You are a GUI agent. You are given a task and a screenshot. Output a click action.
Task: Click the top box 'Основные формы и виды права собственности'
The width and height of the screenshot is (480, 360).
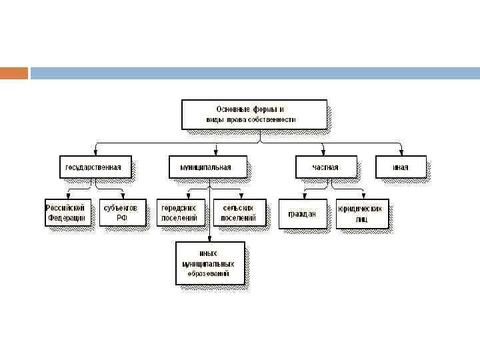(x=254, y=114)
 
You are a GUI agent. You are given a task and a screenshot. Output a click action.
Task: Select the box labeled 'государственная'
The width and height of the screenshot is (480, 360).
(x=95, y=167)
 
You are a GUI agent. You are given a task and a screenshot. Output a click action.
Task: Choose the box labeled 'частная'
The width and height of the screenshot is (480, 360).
(x=325, y=167)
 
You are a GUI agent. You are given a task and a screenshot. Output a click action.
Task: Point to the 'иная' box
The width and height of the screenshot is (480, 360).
(x=400, y=167)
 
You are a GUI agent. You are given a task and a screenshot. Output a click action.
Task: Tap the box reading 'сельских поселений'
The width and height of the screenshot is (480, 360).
(x=239, y=213)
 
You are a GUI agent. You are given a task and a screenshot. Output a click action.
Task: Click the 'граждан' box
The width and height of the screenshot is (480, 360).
(x=303, y=213)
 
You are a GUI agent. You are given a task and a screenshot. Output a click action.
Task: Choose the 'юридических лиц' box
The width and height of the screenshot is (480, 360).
(x=361, y=213)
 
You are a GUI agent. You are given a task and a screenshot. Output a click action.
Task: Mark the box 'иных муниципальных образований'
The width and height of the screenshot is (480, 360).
(x=209, y=263)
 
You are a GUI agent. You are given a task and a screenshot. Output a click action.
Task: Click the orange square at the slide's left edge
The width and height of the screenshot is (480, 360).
(x=13, y=73)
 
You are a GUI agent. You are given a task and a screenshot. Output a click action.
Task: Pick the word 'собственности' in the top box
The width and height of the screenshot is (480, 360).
(x=271, y=120)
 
